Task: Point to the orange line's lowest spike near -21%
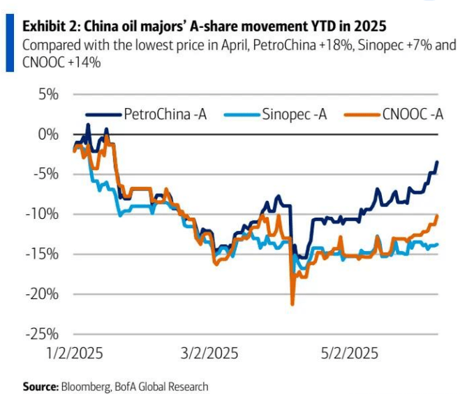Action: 292,304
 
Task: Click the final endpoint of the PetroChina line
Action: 437,162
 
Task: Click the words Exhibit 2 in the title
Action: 52,26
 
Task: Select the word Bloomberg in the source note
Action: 84,386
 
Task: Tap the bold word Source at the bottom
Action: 40,386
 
